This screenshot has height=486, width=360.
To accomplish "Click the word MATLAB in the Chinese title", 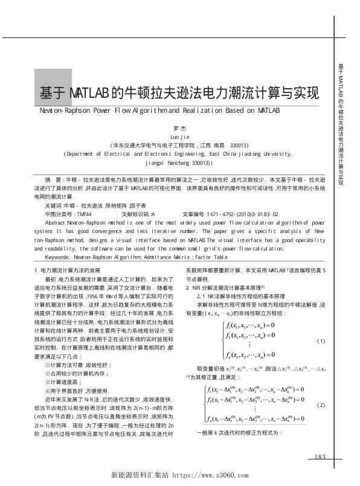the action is pos(89,94).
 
